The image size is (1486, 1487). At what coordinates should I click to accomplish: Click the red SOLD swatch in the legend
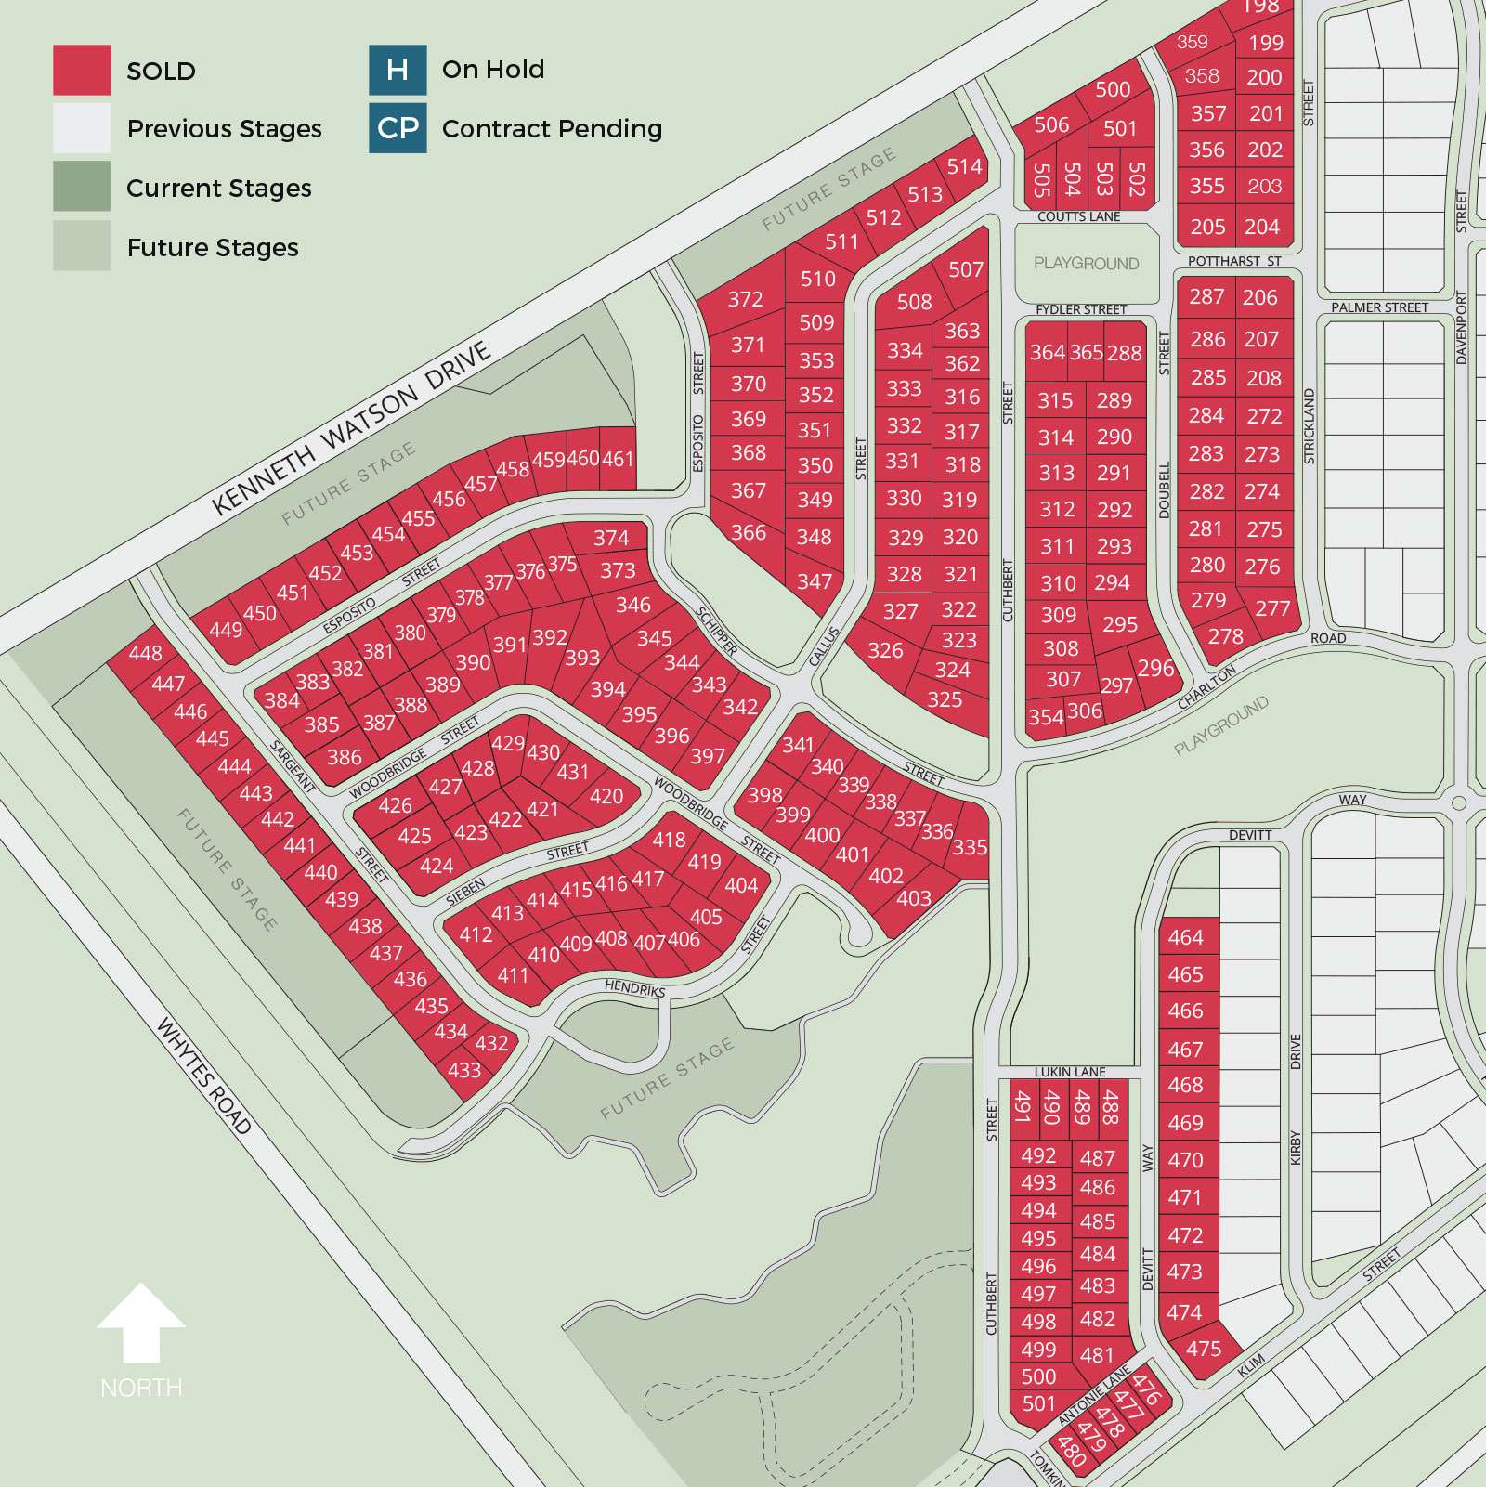coord(82,70)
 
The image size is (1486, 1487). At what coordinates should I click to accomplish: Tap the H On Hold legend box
coord(398,70)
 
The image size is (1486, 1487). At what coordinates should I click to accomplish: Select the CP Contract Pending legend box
coord(398,128)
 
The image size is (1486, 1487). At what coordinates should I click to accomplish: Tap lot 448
coord(146,653)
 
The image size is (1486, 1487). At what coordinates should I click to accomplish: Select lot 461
coord(618,458)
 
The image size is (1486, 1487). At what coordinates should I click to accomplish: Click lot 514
coord(964,166)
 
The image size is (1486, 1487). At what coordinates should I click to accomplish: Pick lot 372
coord(745,299)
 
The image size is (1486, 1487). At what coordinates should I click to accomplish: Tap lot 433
coord(464,1070)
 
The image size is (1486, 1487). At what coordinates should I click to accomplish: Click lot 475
coord(1204,1348)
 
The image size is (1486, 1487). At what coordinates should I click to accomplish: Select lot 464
coord(1186,937)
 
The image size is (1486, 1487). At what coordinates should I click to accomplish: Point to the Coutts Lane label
coord(1079,216)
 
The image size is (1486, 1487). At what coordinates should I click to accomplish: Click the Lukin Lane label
coord(1070,1071)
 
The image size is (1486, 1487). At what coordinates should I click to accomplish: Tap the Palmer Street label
coord(1379,307)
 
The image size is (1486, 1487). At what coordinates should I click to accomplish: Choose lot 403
coord(914,898)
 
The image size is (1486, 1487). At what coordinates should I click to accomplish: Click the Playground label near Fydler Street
coord(1086,264)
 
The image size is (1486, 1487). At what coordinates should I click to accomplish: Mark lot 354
coord(1046,717)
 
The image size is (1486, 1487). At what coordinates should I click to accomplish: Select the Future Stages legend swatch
coord(82,246)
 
